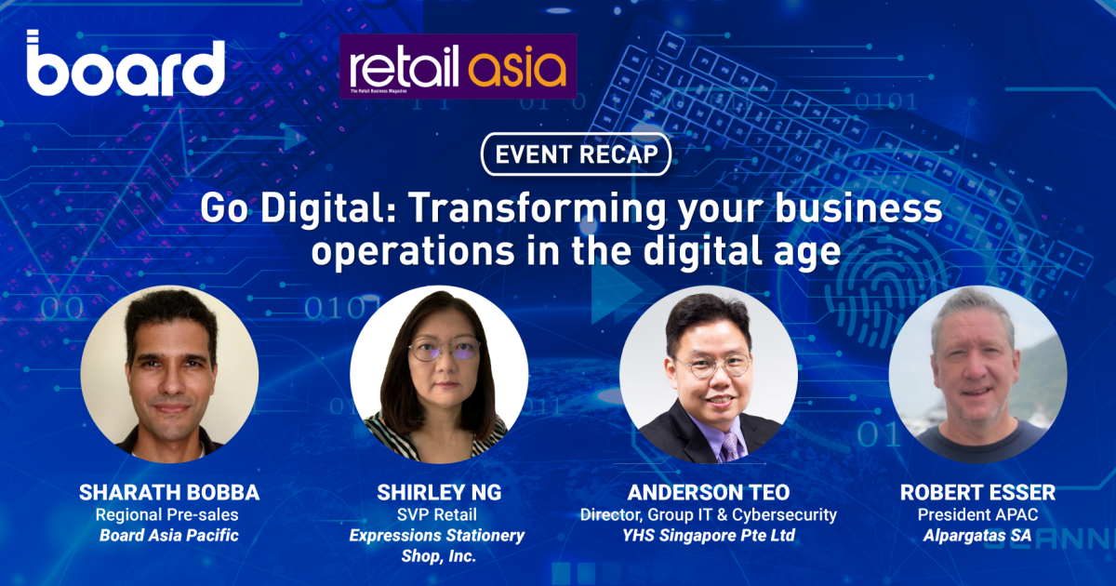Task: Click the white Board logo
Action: tap(126, 65)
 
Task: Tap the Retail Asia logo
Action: tap(458, 67)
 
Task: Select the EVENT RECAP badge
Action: tap(575, 154)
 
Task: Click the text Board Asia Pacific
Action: tap(168, 535)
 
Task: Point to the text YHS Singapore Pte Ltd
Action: tap(709, 535)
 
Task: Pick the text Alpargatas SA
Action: tap(977, 535)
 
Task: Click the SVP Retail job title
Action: tap(438, 513)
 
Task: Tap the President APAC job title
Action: tap(977, 513)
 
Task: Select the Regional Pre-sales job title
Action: tap(168, 513)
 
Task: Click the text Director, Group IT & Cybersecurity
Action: tap(709, 513)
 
